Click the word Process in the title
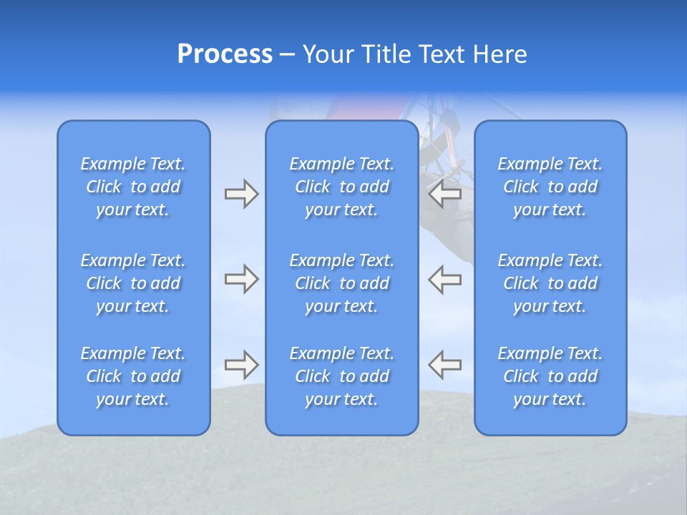click(225, 54)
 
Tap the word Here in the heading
click(500, 54)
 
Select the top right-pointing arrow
click(241, 194)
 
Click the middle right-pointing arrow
click(241, 279)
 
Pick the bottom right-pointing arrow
click(241, 365)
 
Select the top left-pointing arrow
click(444, 194)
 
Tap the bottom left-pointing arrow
click(444, 365)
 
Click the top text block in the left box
click(133, 187)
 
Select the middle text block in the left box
click(133, 283)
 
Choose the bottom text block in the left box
click(133, 376)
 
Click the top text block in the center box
click(342, 187)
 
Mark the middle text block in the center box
click(342, 283)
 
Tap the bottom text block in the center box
click(342, 376)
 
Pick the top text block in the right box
click(550, 187)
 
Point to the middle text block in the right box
click(550, 283)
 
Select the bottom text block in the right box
click(550, 376)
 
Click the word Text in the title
click(442, 54)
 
